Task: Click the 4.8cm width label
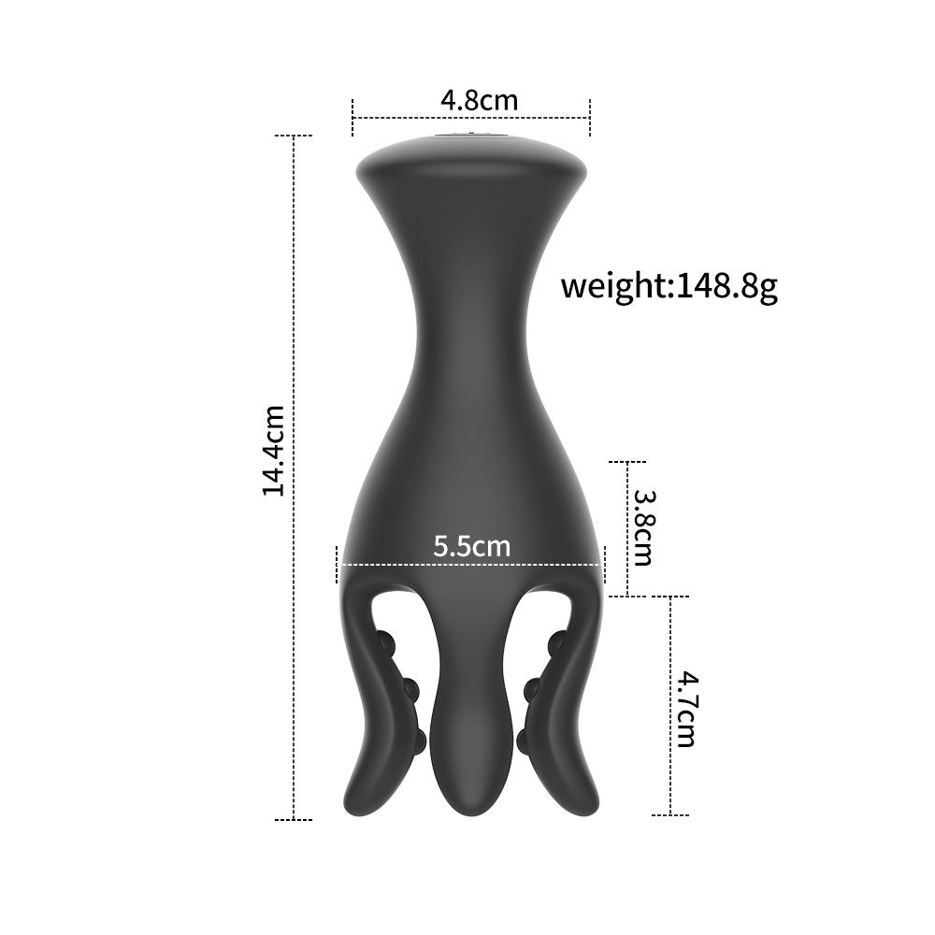[x=479, y=99]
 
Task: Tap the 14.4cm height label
[x=273, y=450]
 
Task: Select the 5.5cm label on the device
[x=471, y=545]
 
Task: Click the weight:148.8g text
[x=669, y=286]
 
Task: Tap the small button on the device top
[x=471, y=139]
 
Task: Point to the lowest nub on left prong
[x=424, y=739]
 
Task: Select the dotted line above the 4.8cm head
[x=471, y=118]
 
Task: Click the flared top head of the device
[x=471, y=168]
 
